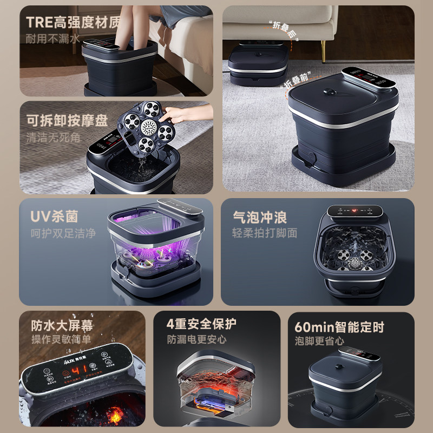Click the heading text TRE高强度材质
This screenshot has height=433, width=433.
tap(73, 23)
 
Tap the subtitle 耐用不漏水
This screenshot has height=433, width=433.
tap(54, 38)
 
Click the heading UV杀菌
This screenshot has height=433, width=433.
tap(54, 216)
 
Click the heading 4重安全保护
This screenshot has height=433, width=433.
tap(201, 324)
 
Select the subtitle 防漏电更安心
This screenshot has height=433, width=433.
tap(197, 340)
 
